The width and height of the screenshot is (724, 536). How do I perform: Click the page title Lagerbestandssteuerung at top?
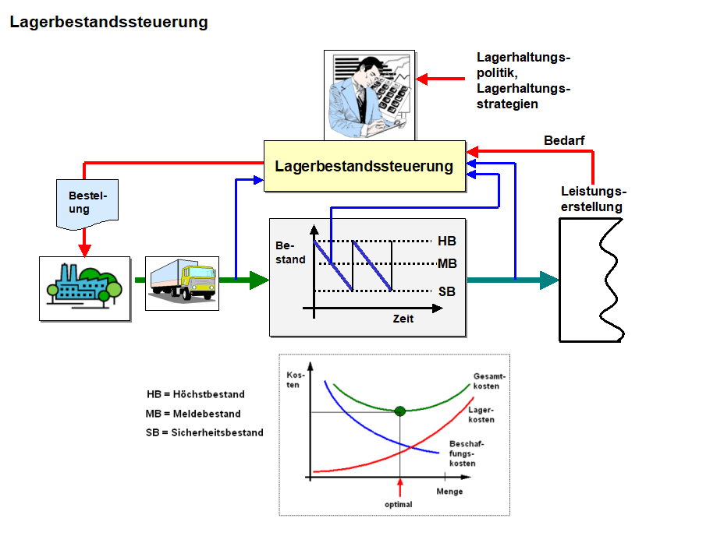[108, 22]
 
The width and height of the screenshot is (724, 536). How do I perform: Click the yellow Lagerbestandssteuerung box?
[364, 166]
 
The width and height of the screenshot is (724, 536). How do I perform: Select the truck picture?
[182, 283]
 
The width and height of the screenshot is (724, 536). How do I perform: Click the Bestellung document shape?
[87, 203]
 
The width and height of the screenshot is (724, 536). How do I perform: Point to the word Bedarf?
[564, 141]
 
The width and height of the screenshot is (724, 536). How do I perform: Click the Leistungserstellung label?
[593, 199]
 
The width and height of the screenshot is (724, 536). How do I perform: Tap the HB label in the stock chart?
[447, 242]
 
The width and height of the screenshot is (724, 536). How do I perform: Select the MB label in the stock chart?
[447, 264]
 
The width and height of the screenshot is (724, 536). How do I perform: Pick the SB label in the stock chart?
[447, 291]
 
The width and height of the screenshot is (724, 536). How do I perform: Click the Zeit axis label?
[403, 319]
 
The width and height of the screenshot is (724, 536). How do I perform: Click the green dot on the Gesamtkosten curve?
[400, 411]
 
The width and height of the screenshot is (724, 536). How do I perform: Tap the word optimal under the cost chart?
[399, 504]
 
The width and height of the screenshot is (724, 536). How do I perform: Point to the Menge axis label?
[449, 492]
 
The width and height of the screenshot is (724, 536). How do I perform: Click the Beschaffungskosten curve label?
[462, 453]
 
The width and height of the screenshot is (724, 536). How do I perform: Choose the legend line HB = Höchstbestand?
[196, 394]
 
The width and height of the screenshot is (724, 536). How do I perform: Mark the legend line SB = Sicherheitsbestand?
[204, 432]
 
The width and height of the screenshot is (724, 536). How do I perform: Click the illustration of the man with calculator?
[367, 93]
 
